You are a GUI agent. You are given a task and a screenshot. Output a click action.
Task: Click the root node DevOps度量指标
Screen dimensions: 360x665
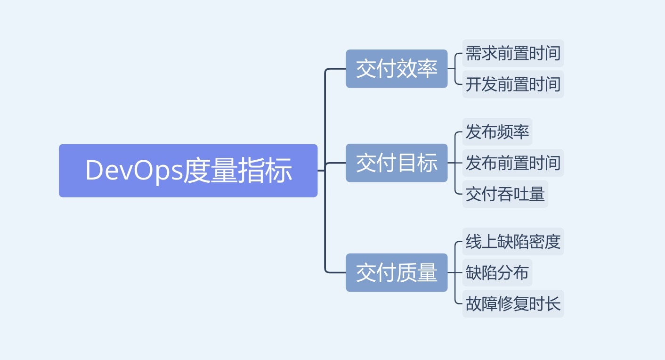188,171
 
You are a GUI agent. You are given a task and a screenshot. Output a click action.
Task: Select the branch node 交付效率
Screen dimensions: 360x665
397,69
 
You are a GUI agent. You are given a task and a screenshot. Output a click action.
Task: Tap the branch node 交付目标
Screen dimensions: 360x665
397,163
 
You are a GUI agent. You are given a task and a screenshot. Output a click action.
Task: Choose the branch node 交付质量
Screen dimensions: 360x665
397,272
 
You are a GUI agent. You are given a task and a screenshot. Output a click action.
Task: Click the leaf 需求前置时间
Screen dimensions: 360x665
513,53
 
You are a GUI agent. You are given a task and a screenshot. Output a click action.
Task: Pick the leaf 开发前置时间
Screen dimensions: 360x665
513,84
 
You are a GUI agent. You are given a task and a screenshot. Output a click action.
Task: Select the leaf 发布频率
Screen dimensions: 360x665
497,132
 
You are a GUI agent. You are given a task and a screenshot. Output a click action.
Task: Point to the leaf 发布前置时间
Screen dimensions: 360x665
513,163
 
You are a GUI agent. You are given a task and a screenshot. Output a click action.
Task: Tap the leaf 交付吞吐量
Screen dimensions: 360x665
505,194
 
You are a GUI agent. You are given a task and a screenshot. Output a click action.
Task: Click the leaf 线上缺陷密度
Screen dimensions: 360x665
513,241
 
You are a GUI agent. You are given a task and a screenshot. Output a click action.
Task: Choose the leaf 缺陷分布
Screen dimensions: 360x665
497,272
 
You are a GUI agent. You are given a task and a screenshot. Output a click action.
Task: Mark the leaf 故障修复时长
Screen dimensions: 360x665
513,304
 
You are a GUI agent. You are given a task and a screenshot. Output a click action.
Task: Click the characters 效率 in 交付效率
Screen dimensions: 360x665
417,69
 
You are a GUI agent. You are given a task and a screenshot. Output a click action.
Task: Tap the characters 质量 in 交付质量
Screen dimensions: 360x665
417,272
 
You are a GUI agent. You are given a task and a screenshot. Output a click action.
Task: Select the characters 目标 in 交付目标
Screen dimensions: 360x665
417,163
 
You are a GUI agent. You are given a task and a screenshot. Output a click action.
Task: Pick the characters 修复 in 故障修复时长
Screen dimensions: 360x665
513,304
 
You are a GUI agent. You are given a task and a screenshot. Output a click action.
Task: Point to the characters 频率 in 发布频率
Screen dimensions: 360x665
513,132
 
